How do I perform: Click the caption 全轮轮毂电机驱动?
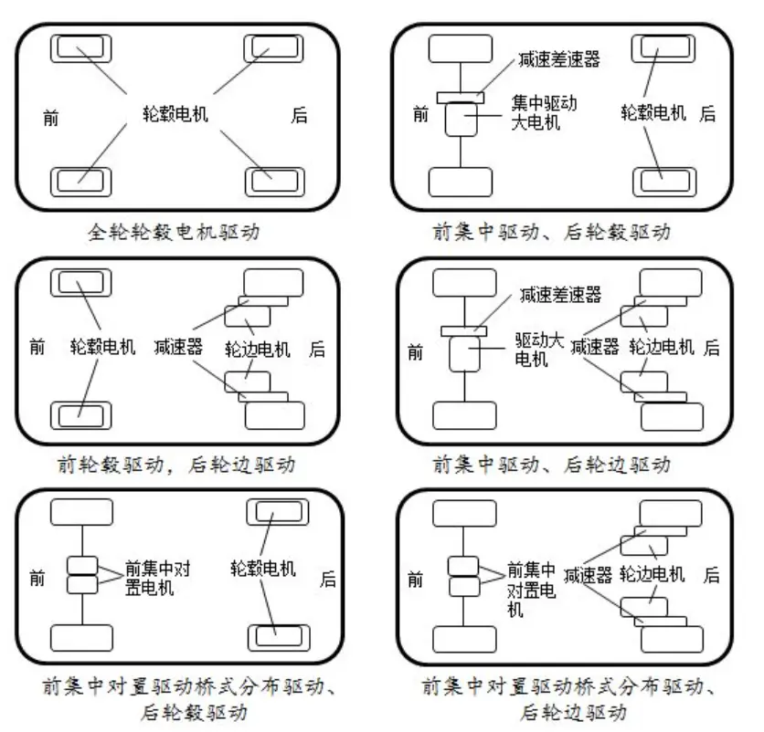pos(174,232)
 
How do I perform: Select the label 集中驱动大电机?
pos(544,112)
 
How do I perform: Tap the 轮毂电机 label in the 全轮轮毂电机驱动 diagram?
pos(175,113)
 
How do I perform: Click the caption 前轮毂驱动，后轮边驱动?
pos(175,465)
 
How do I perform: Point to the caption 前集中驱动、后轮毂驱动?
pos(552,232)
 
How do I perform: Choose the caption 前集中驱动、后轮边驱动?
pos(552,465)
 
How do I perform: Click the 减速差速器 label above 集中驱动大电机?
pos(559,59)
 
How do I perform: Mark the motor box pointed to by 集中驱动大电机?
pos(461,119)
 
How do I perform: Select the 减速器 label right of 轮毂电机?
pos(178,347)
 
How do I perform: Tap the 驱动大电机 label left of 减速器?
pos(539,350)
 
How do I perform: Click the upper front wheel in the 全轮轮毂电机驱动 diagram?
pos(81,48)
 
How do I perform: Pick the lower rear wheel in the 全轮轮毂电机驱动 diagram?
pos(274,182)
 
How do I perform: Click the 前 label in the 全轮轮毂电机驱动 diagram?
pos(50,119)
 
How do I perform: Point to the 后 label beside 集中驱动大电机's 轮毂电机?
pos(707,113)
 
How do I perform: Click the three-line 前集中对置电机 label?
pos(531,589)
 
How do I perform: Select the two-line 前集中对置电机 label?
pos(157,578)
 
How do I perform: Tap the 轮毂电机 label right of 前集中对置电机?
pos(263,569)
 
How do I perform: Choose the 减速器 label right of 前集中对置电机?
pos(588,575)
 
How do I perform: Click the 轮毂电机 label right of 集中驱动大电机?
pos(653,113)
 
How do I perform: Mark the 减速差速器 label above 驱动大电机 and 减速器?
pos(560,295)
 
